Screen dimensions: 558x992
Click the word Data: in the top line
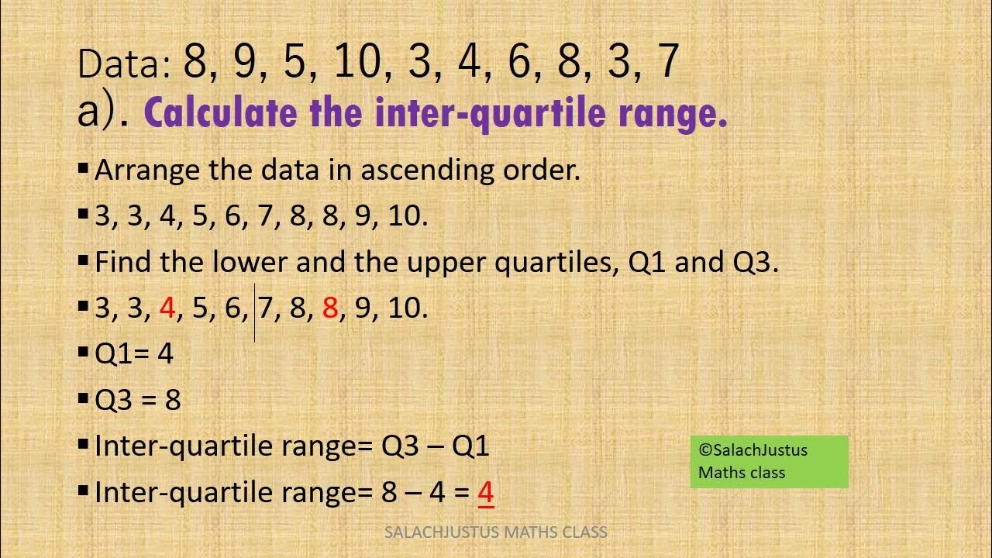click(124, 64)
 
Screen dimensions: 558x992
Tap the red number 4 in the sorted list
click(167, 308)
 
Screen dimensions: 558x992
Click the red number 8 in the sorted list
click(330, 308)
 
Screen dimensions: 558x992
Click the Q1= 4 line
click(133, 354)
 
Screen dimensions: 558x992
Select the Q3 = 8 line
click(137, 400)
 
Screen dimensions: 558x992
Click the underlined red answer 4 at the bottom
click(486, 493)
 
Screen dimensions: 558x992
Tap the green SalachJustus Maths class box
click(769, 462)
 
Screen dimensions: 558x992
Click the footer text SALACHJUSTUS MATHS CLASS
click(496, 532)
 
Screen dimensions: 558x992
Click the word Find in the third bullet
click(124, 263)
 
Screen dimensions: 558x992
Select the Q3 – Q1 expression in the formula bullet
click(435, 446)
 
